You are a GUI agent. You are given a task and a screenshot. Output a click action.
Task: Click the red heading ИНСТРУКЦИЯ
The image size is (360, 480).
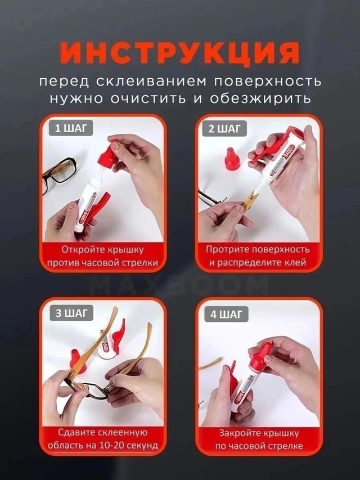pyautogui.click(x=180, y=53)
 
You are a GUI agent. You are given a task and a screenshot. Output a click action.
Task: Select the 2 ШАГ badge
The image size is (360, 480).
pyautogui.click(x=224, y=129)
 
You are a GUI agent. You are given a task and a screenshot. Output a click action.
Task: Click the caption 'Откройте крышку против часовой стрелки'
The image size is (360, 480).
pyautogui.click(x=103, y=255)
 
